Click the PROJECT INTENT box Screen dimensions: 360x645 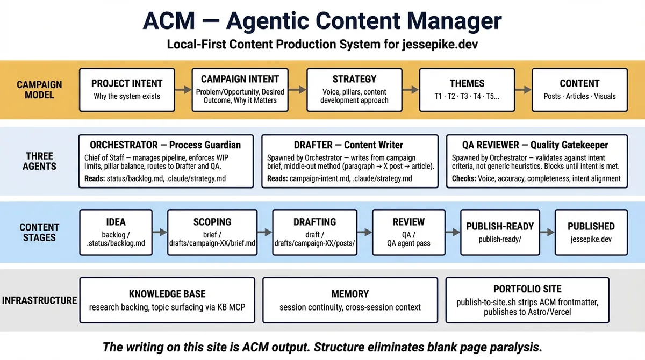pos(126,89)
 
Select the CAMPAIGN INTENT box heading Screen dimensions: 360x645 pos(240,79)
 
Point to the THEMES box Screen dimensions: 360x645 pos(467,89)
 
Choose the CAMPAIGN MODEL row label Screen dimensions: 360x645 pos(39,89)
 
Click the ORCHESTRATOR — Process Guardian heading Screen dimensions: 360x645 pos(165,145)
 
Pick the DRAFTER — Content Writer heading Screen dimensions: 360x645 pos(348,145)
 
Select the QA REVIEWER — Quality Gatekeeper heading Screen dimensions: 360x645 pos(536,145)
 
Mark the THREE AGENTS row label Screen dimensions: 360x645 pos(39,161)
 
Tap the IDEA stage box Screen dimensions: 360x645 pos(116,232)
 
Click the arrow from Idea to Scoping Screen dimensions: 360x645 pos(159,232)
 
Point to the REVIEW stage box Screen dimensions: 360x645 pos(408,232)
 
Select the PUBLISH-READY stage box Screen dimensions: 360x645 pos(500,232)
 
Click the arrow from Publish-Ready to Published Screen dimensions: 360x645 pos(547,232)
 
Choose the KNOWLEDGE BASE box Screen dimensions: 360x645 pos(167,300)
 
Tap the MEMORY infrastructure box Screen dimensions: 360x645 pos(349,300)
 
